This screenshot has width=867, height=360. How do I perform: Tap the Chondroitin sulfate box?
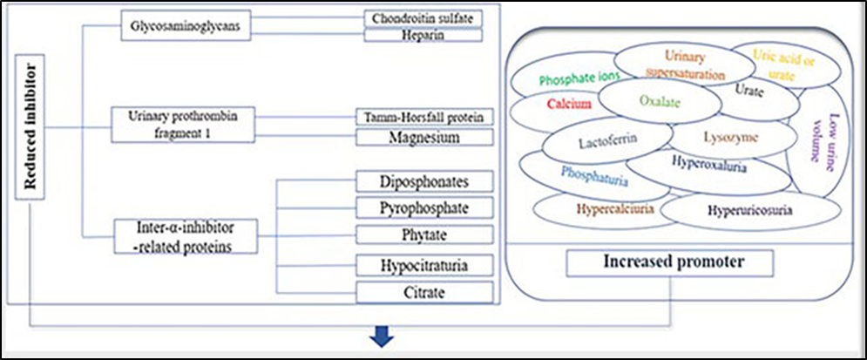tap(423, 18)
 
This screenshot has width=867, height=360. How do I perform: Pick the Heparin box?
tap(423, 36)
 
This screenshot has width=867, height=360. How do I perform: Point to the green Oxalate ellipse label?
tap(659, 101)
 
